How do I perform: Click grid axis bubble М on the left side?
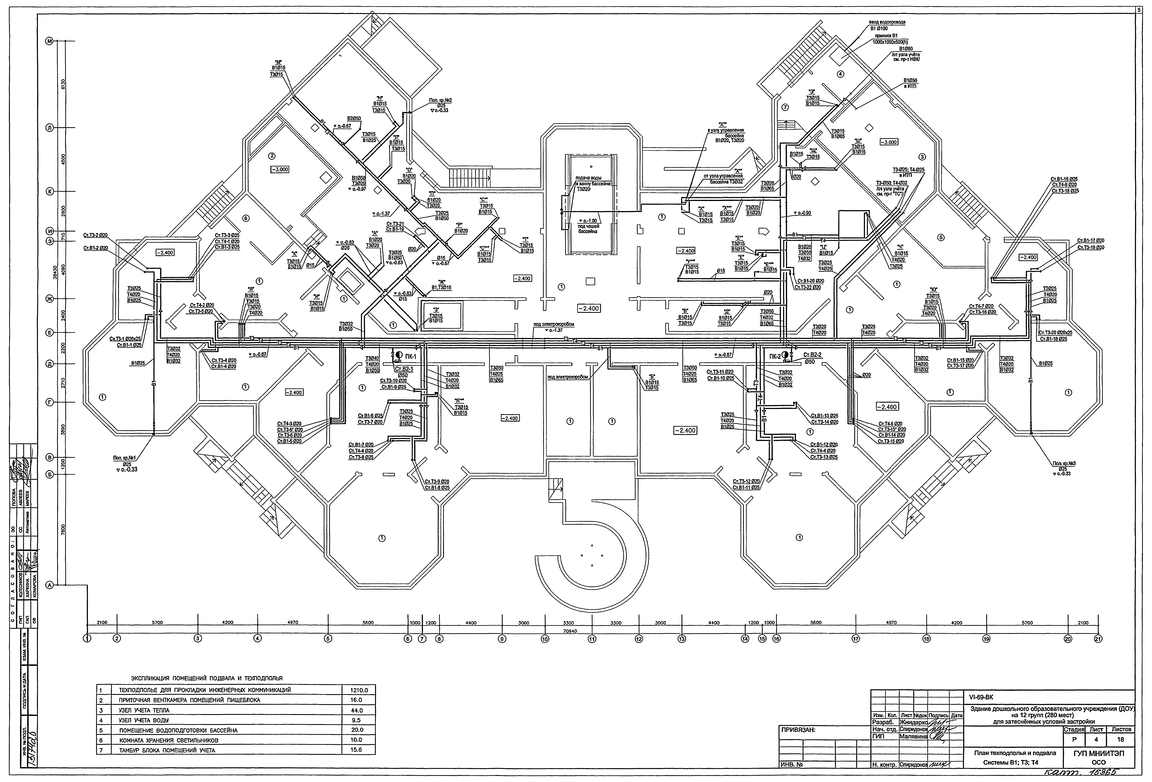pyautogui.click(x=49, y=42)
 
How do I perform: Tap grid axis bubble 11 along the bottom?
pyautogui.click(x=592, y=639)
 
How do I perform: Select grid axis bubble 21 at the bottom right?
pyautogui.click(x=1098, y=639)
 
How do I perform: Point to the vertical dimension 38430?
pyautogui.click(x=56, y=270)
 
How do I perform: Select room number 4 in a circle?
pyautogui.click(x=840, y=74)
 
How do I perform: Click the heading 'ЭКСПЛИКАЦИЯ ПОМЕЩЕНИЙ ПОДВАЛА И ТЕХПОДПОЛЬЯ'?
pyautogui.click(x=207, y=678)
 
